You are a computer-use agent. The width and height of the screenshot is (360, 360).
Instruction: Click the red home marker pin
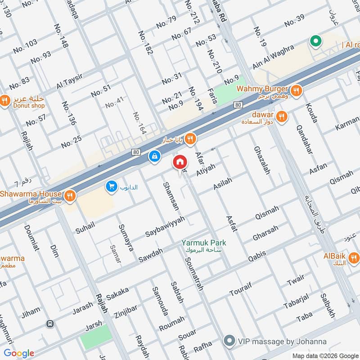(x=180, y=162)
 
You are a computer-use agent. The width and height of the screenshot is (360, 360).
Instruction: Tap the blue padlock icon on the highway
(x=154, y=156)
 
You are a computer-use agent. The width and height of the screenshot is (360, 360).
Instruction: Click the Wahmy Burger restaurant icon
(x=296, y=90)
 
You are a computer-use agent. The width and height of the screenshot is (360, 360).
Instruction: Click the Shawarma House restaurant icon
(x=69, y=195)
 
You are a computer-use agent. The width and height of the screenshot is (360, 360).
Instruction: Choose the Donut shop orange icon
(x=5, y=100)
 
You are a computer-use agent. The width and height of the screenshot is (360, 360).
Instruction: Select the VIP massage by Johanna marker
(x=230, y=341)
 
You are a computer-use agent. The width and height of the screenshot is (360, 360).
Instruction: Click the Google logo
(x=19, y=353)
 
